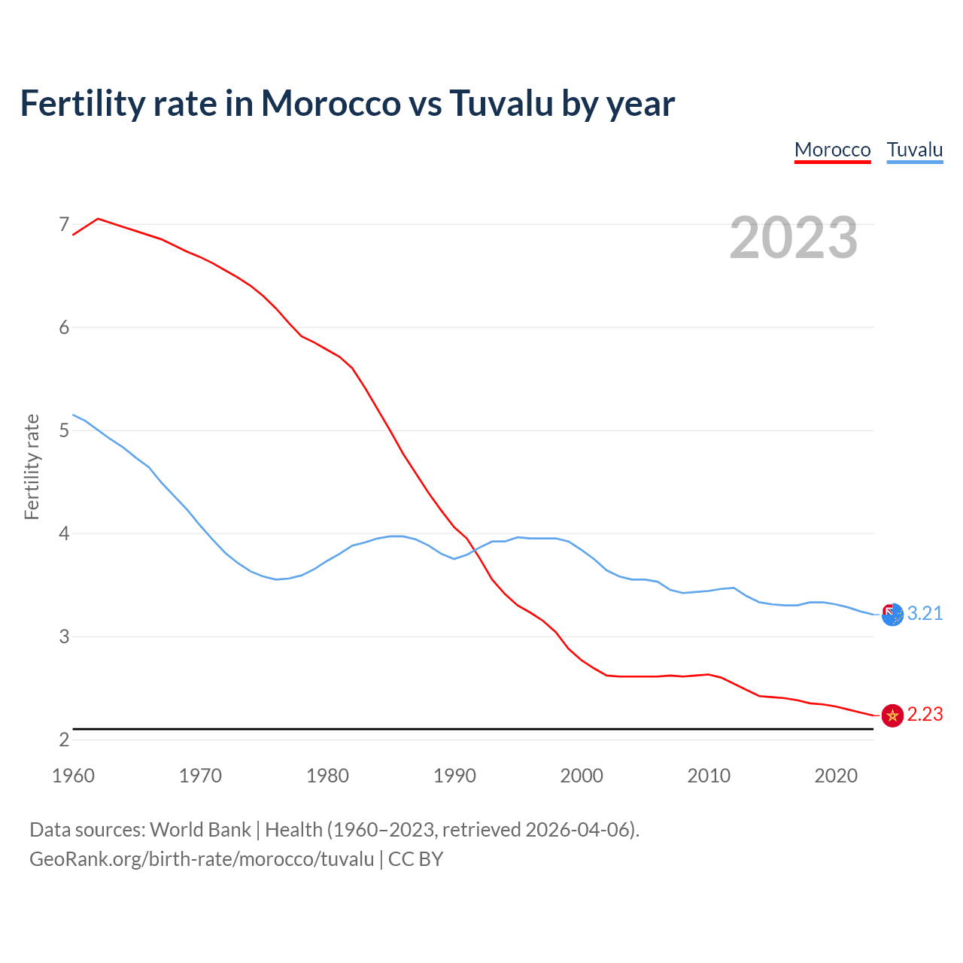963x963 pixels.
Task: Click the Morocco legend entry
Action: pyautogui.click(x=832, y=150)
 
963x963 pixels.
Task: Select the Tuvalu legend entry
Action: pyautogui.click(x=914, y=150)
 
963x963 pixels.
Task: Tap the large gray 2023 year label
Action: pyautogui.click(x=793, y=238)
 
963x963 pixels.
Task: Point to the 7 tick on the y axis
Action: pyautogui.click(x=64, y=224)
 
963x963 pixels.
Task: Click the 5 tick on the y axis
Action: pyautogui.click(x=64, y=430)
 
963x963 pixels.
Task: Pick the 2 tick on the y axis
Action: pyautogui.click(x=64, y=740)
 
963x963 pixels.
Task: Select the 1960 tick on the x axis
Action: pyautogui.click(x=73, y=776)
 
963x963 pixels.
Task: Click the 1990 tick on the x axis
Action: pyautogui.click(x=454, y=776)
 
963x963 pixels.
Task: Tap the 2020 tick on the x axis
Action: pyautogui.click(x=836, y=776)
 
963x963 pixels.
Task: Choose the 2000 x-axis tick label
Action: pyautogui.click(x=582, y=776)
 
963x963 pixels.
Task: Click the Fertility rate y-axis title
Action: pyautogui.click(x=32, y=466)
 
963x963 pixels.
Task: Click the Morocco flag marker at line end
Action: pyautogui.click(x=892, y=715)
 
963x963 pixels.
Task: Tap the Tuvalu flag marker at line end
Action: pyautogui.click(x=892, y=615)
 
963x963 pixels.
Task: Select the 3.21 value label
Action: pyautogui.click(x=925, y=613)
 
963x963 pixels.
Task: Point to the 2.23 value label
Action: pyautogui.click(x=925, y=714)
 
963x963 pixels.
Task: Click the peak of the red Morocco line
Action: pyautogui.click(x=99, y=219)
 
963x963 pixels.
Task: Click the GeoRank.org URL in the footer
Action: pyautogui.click(x=202, y=858)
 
